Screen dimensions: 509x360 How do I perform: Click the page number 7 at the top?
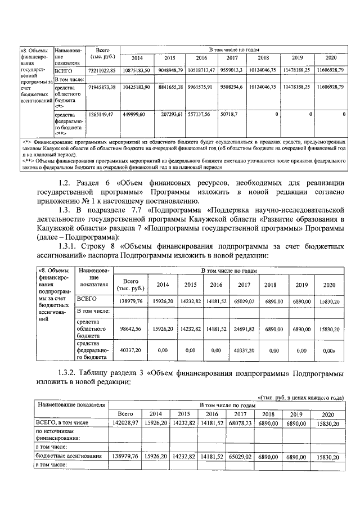pos(180,26)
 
